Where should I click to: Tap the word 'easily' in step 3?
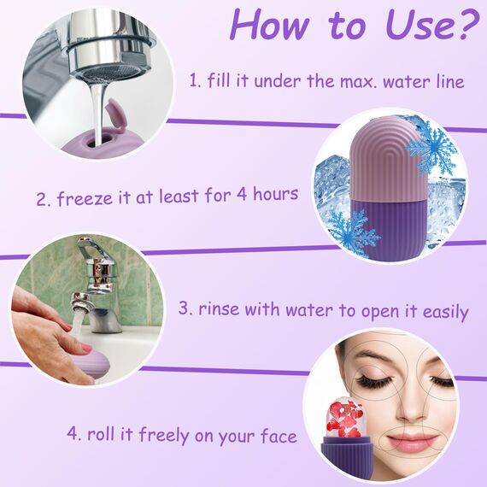tap(441, 311)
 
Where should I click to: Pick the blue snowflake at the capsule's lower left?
tap(350, 230)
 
